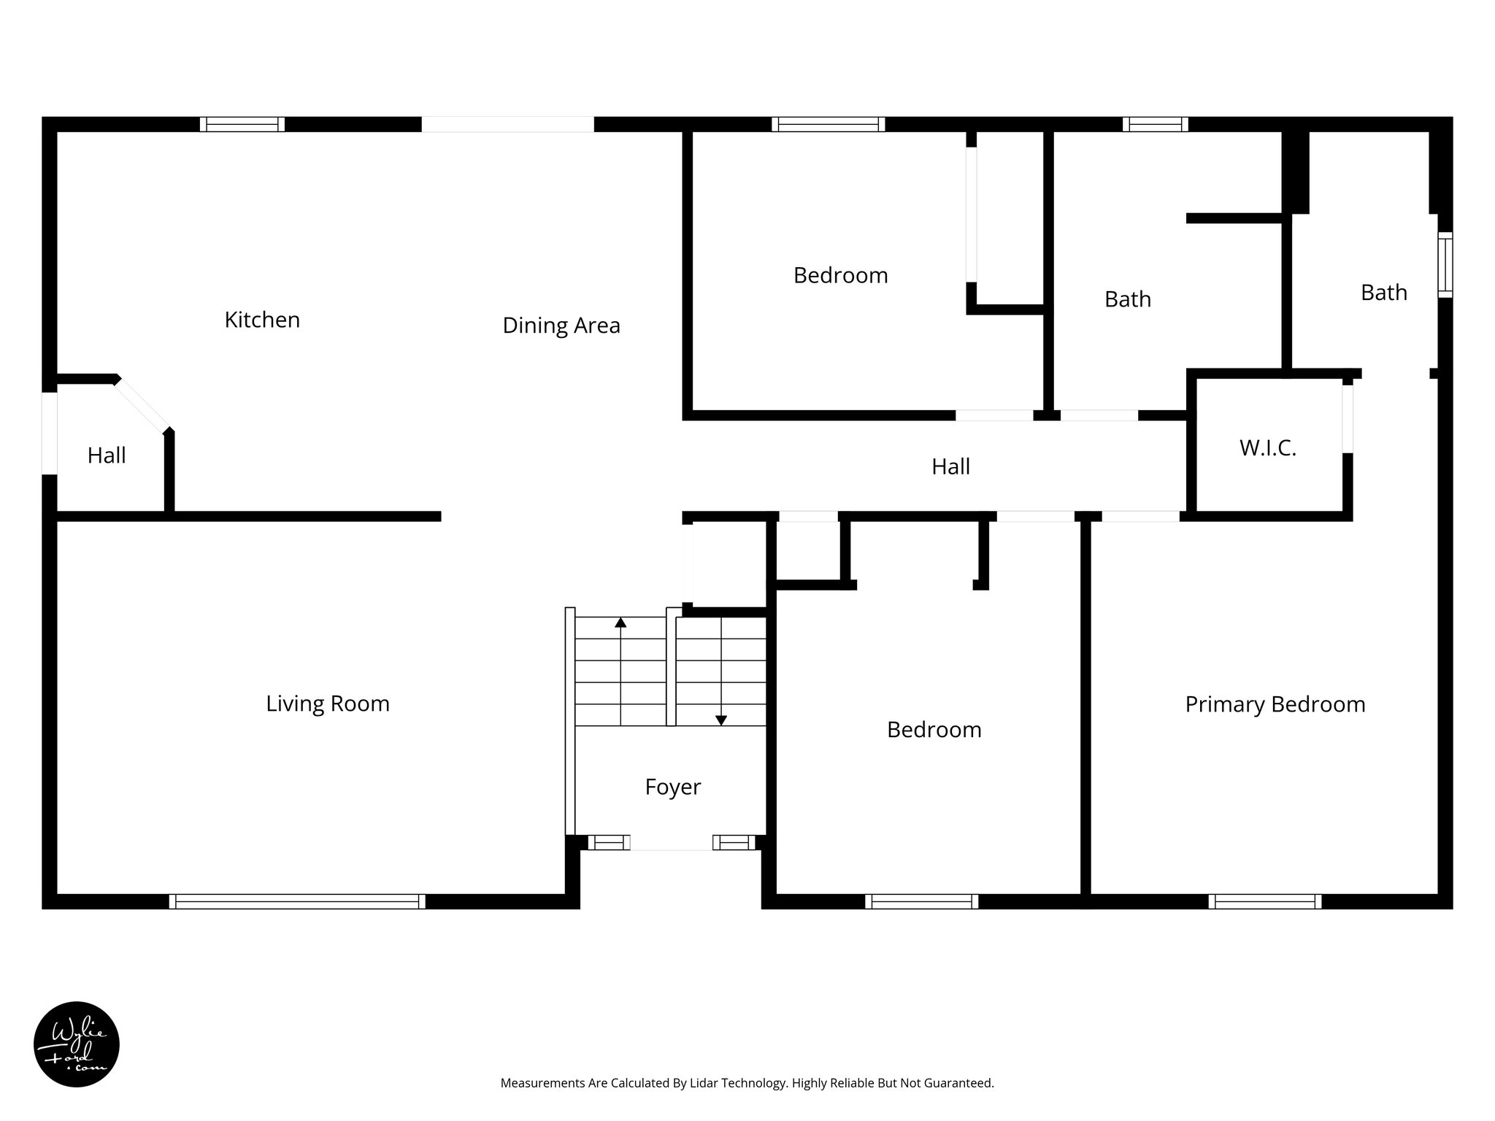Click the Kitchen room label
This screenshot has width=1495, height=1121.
tap(262, 320)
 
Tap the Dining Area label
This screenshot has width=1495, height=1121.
tap(561, 325)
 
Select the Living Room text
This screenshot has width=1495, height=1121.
tap(327, 704)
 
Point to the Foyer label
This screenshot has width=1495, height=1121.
tap(672, 787)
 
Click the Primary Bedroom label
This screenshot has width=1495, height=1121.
tap(1275, 704)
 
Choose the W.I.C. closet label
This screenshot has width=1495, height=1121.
tap(1267, 448)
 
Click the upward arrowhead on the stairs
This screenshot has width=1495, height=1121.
tap(620, 623)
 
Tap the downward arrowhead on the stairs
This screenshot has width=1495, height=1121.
tap(721, 720)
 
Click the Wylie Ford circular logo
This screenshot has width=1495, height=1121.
tap(77, 1044)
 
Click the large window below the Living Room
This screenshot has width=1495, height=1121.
tap(297, 901)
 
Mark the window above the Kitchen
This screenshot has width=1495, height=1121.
tap(242, 124)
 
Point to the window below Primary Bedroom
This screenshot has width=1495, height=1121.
tap(1264, 901)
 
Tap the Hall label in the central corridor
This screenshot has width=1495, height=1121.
tap(950, 466)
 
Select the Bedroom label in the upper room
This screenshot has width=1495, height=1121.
tap(840, 275)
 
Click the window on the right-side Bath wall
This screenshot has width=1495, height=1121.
tap(1445, 264)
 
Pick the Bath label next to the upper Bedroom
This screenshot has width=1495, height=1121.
tap(1127, 299)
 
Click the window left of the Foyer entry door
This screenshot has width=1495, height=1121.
tap(609, 843)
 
